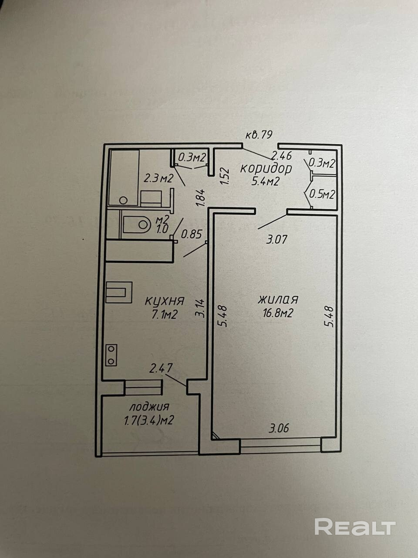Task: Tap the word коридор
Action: coord(266,168)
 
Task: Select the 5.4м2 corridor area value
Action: coord(265,181)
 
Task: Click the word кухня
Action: coord(165,301)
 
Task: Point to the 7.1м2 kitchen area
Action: coord(165,314)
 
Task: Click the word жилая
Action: coord(278,299)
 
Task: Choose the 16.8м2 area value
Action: coord(277,313)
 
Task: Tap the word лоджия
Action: coord(149,407)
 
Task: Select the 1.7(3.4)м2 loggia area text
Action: coord(149,421)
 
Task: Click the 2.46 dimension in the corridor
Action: coord(281,155)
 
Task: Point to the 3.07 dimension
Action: coord(277,239)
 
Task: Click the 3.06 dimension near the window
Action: coord(279,429)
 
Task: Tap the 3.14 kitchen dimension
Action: coord(200,308)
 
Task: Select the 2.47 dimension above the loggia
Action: coord(161,369)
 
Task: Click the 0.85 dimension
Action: coord(192,235)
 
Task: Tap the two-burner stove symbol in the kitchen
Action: coord(111,355)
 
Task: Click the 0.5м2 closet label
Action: coord(322,194)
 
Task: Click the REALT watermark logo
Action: coord(355,527)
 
